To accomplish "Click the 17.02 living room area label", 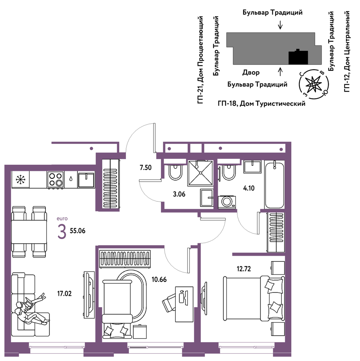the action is (x=64, y=293).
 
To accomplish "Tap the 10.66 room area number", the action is (x=159, y=279).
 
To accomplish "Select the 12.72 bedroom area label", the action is (x=244, y=269).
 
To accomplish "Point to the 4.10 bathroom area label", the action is (x=249, y=188).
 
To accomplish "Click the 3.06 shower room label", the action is (x=179, y=194).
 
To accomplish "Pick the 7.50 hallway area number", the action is (x=146, y=167).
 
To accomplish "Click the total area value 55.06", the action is (x=77, y=231).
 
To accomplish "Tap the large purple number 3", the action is (x=62, y=232).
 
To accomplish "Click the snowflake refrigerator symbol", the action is (x=20, y=179).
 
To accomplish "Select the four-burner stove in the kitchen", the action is (x=56, y=179).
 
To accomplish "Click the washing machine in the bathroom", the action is (x=227, y=202).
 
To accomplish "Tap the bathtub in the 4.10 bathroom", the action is (x=275, y=185).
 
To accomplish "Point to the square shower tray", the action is (x=200, y=173).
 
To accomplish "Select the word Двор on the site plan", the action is (x=251, y=73).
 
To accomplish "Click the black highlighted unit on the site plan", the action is (x=298, y=57).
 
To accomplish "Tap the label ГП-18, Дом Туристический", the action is (x=261, y=104).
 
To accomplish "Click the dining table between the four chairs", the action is (x=29, y=232).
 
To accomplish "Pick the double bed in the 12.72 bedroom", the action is (x=254, y=298).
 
